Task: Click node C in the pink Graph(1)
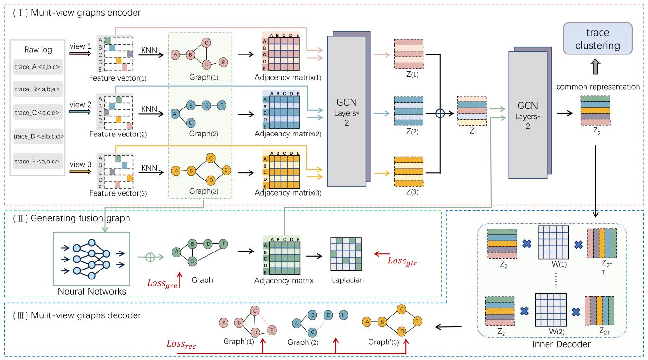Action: click(x=207, y=43)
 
